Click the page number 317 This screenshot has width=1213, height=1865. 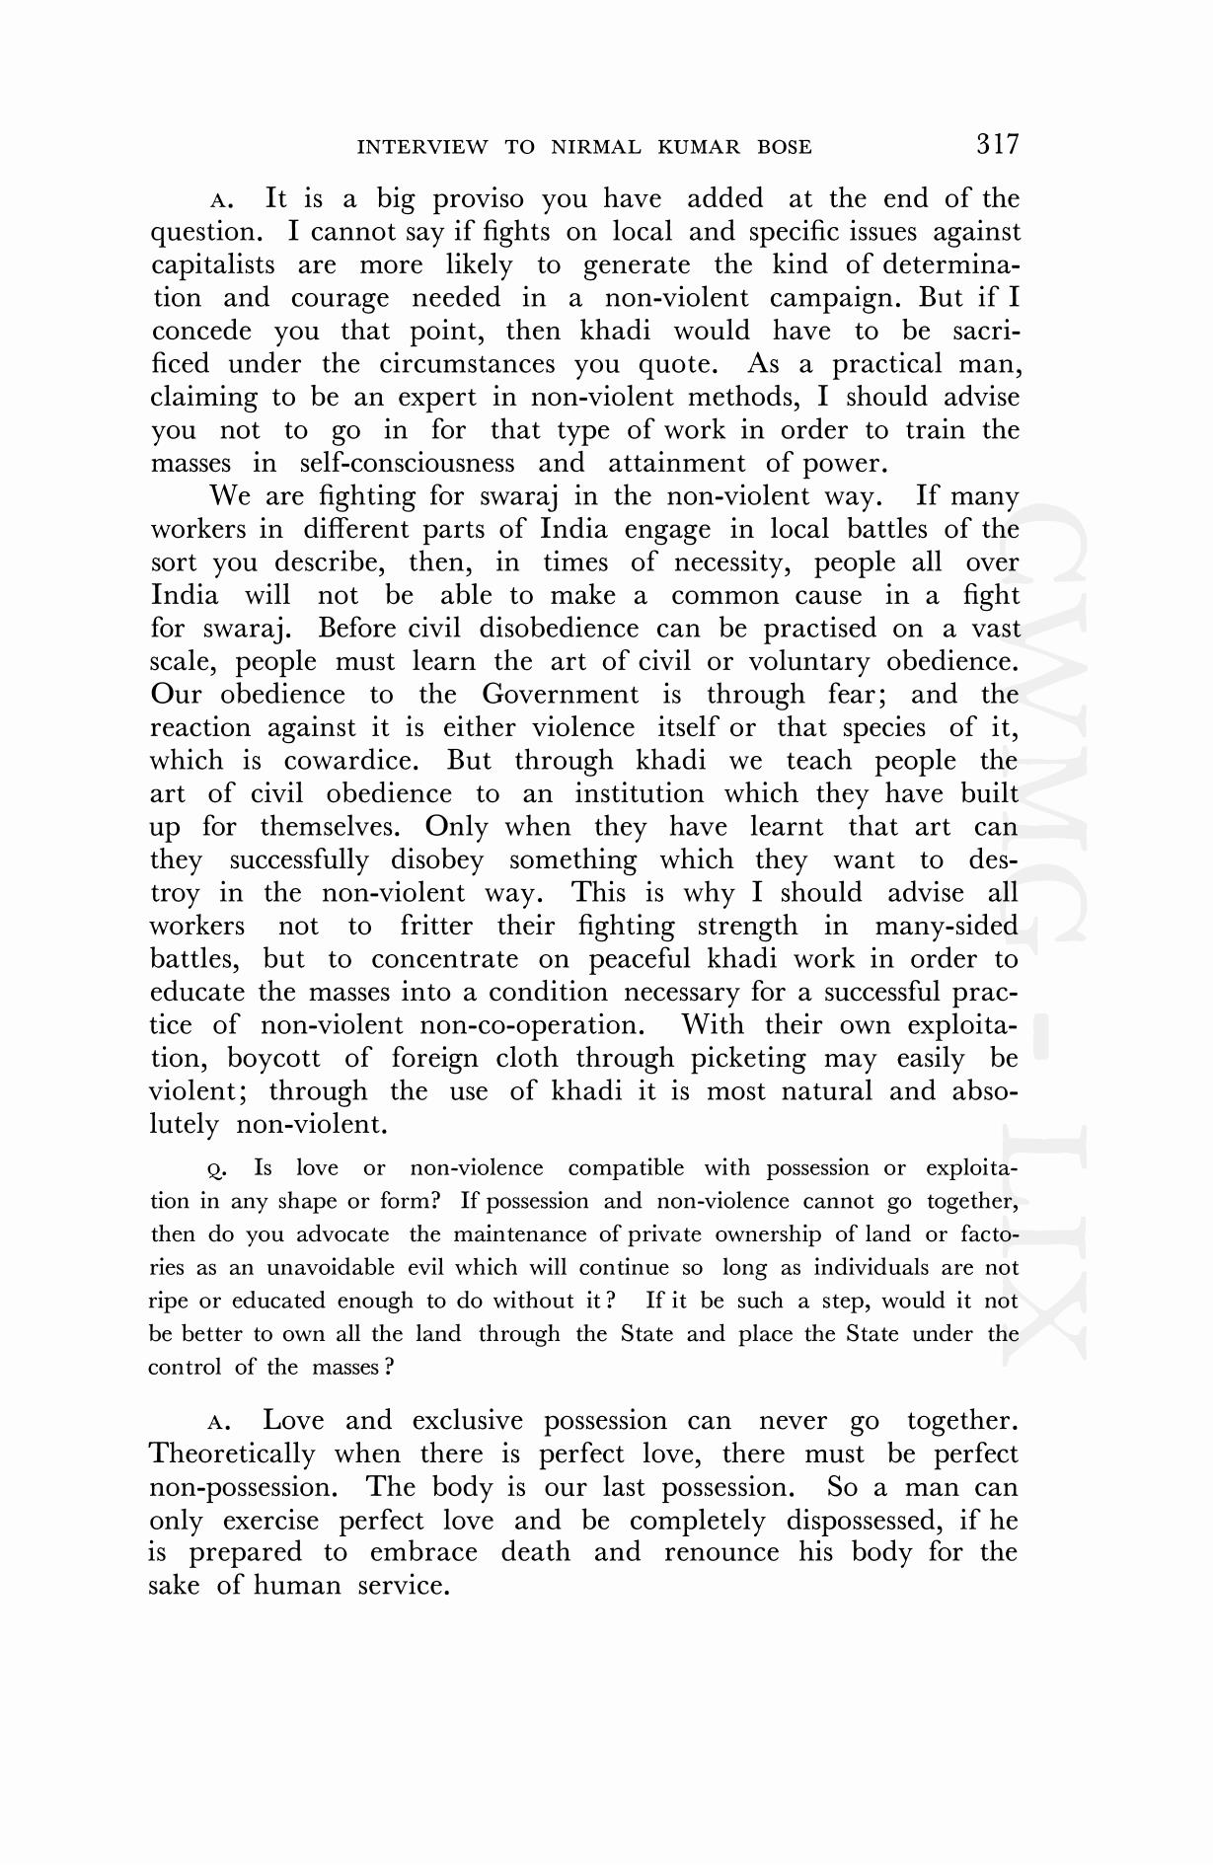point(997,144)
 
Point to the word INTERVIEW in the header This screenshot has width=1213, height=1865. point(421,148)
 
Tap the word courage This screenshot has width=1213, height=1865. point(340,298)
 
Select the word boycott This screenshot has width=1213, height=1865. point(273,1059)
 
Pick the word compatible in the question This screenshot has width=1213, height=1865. point(626,1168)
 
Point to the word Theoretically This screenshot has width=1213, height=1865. point(232,1455)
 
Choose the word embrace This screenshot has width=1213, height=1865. point(423,1552)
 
